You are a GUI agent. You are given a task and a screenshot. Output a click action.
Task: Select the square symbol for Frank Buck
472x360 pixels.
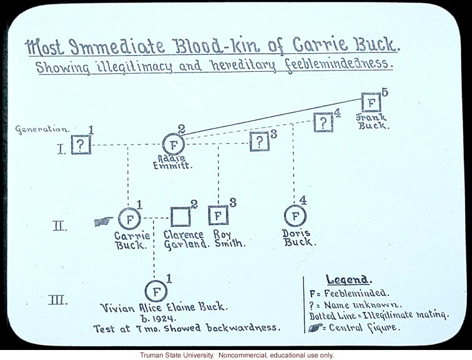point(371,102)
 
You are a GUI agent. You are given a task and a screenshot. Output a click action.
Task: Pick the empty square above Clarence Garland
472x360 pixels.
point(180,216)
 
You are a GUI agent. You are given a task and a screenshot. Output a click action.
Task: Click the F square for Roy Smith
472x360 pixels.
point(218,216)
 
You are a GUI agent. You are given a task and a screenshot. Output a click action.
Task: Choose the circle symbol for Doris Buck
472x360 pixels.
point(295,216)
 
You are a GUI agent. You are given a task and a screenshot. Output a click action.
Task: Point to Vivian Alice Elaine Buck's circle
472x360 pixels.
point(155,291)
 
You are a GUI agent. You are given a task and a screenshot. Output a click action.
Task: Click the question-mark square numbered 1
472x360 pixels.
point(81,144)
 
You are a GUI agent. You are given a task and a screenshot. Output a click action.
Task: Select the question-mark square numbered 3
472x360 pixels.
point(259,142)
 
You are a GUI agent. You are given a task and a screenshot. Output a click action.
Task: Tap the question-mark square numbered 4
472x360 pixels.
point(323,122)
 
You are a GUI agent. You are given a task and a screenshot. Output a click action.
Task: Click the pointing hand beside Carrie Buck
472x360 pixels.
point(104,221)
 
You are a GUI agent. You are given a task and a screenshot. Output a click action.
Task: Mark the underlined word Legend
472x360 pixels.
point(348,279)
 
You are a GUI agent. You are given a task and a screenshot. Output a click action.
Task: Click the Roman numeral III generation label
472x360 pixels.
point(57,300)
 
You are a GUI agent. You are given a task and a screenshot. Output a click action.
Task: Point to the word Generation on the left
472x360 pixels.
point(42,129)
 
